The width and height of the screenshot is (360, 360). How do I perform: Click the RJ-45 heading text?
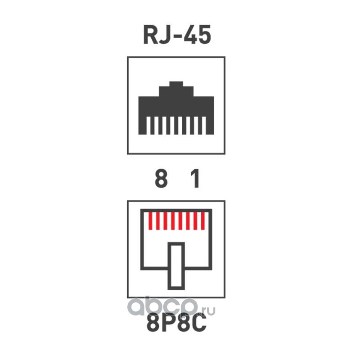[177, 35]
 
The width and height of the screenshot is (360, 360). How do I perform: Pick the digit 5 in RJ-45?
[204, 35]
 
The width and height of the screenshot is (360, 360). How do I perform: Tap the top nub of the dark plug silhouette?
[176, 84]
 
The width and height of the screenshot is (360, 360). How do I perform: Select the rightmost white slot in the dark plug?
[205, 126]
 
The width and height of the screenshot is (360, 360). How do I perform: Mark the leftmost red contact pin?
[151, 220]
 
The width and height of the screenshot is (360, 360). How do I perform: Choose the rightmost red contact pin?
[203, 220]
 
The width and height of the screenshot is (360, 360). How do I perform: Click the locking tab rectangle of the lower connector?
[176, 265]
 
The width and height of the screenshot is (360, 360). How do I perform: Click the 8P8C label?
[176, 325]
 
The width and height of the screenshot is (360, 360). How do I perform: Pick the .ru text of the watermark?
[207, 310]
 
